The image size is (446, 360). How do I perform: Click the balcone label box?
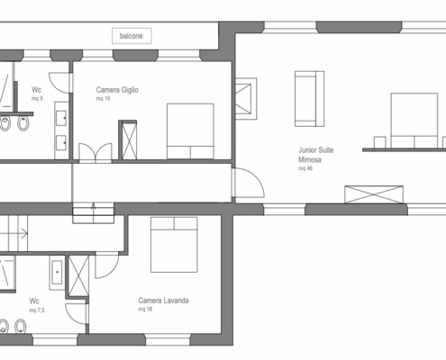coord(132,36)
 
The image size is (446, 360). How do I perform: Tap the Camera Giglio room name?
coord(117,90)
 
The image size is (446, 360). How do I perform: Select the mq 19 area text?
coord(103,99)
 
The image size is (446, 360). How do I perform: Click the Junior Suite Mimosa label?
coord(315,155)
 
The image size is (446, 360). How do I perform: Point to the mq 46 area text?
coord(305,168)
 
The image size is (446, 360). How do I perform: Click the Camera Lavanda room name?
coord(163,301)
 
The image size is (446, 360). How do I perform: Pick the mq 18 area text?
coord(145,310)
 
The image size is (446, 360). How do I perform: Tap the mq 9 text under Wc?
coord(37,99)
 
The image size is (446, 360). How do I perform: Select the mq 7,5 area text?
coord(37,310)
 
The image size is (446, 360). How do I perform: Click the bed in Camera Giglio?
coord(190,131)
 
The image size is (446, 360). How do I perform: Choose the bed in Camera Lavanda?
coord(174,245)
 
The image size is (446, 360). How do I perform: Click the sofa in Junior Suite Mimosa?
coord(309,99)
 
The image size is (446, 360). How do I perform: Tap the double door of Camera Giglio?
coord(96,153)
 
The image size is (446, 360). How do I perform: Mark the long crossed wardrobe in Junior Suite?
coord(374,194)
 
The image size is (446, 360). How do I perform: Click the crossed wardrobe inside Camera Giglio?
coord(130,140)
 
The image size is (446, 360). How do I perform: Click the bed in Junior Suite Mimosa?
coord(414,121)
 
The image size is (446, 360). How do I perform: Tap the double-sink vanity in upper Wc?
coord(61,130)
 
